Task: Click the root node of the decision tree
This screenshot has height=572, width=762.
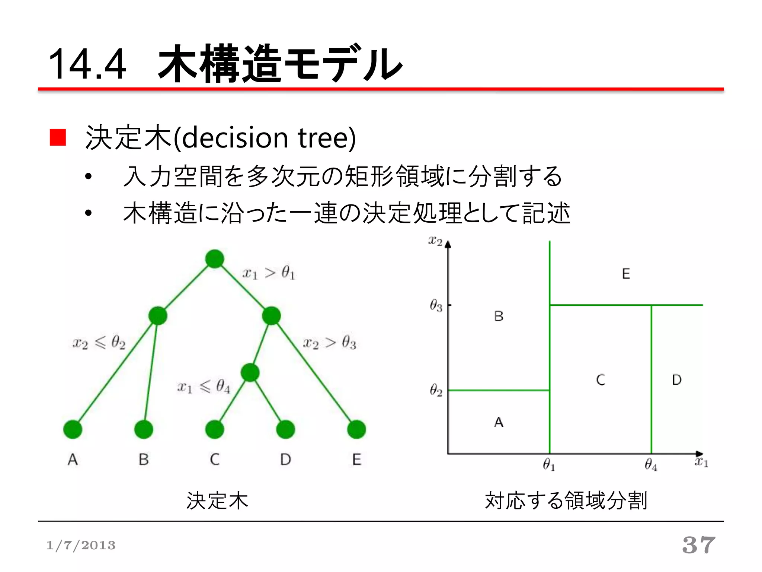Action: tap(215, 259)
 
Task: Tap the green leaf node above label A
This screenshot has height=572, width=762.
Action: tap(73, 429)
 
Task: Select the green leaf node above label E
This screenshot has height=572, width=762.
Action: tap(356, 429)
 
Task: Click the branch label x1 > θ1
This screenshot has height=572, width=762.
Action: tap(269, 273)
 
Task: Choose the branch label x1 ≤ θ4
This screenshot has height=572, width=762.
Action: tap(204, 387)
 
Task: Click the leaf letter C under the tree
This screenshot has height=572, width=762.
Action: tap(215, 460)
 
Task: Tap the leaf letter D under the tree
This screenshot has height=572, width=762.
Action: tap(285, 460)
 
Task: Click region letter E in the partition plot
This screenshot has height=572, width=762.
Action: tap(626, 274)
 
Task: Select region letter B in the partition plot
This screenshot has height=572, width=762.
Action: tap(499, 317)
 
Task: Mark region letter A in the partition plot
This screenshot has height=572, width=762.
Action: tap(499, 422)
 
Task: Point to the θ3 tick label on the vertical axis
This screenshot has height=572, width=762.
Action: tap(436, 306)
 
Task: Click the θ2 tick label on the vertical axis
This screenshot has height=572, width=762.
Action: tap(436, 391)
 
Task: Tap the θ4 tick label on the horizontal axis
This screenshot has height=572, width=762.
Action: tap(651, 465)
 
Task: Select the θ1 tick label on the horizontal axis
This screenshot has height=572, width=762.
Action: tap(549, 465)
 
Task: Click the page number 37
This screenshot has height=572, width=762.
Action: tap(699, 545)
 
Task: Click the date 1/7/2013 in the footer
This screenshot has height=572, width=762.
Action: tap(81, 546)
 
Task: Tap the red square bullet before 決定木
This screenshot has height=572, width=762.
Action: tap(58, 137)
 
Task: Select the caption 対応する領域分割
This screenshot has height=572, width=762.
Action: tap(566, 500)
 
